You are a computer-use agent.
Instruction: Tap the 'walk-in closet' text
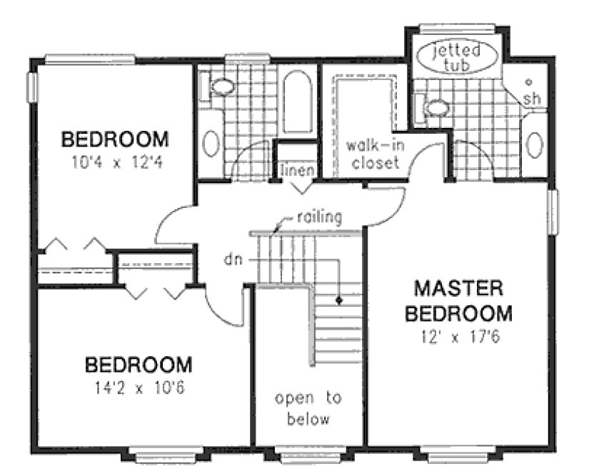click(372, 154)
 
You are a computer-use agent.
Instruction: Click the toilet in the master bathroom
click(436, 108)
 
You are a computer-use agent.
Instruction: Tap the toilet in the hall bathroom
click(222, 87)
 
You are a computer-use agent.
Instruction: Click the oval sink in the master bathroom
click(535, 144)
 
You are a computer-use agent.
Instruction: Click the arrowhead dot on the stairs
click(341, 300)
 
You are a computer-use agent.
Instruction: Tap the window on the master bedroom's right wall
click(553, 212)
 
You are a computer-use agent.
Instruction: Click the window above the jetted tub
click(456, 29)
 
